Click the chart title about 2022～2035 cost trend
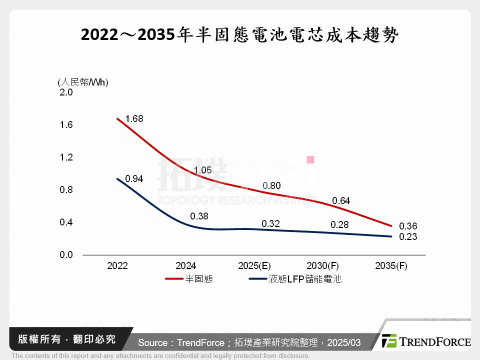[239, 34]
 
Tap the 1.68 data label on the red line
[134, 118]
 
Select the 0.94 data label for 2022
[134, 178]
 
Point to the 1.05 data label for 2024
[202, 170]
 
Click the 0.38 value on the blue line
[199, 216]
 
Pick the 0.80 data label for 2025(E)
[271, 186]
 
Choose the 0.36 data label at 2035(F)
[408, 226]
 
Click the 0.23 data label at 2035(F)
[408, 237]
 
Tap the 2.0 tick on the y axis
[66, 92]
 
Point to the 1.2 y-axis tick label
[66, 157]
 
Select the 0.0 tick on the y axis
[66, 255]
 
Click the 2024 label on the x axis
[186, 266]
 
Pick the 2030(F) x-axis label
[322, 266]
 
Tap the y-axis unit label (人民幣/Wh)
[83, 82]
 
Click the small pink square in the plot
[310, 159]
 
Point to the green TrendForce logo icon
[389, 341]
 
